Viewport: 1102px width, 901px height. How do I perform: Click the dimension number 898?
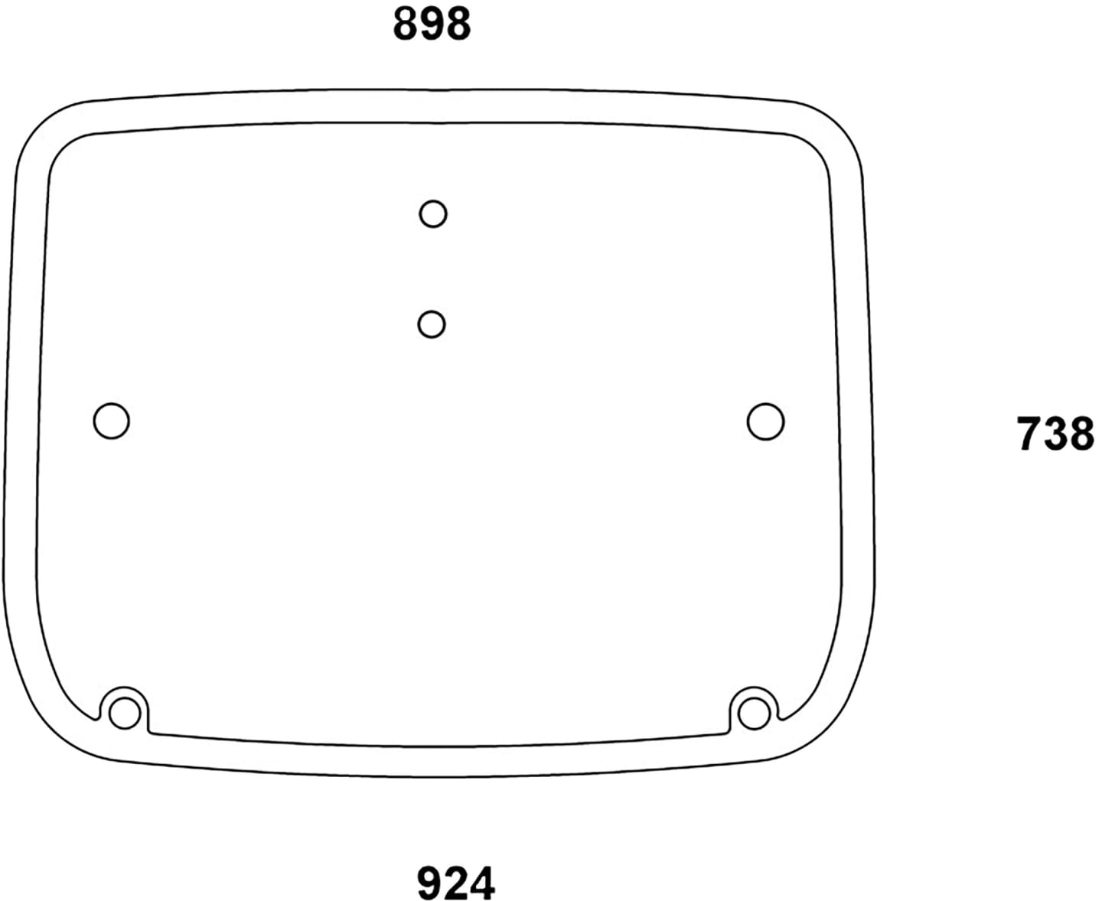432,24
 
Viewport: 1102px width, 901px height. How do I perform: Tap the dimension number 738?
1055,434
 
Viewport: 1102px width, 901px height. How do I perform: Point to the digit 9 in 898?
432,24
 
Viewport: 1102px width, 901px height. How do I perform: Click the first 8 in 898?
406,24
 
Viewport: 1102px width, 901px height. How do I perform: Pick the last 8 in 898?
458,24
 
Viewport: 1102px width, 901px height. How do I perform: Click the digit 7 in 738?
1029,434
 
